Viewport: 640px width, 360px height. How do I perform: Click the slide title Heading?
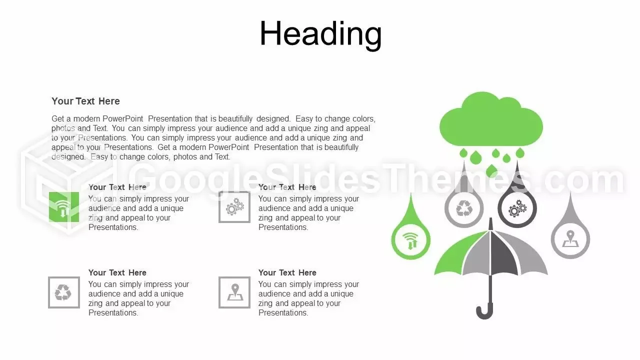(x=320, y=34)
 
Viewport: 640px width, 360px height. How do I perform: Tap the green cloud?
(x=491, y=120)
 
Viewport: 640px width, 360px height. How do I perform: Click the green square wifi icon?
(x=64, y=207)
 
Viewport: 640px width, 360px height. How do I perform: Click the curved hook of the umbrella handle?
(x=485, y=314)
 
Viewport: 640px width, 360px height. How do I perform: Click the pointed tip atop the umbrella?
(x=491, y=218)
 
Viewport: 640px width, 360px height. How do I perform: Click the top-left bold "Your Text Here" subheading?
(x=85, y=101)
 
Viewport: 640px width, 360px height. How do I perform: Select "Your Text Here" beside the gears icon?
(x=287, y=187)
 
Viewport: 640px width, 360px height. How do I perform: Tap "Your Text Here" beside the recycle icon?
(x=117, y=272)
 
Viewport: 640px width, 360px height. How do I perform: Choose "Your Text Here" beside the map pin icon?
(x=287, y=272)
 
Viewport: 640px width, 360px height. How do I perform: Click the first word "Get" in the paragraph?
(x=57, y=118)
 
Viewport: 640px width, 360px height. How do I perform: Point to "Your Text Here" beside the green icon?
(x=117, y=187)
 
